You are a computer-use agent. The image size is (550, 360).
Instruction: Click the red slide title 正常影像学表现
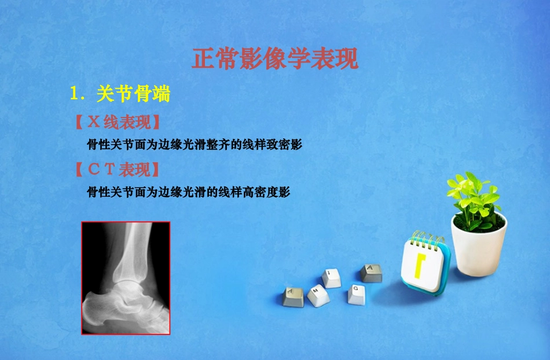coord(275,59)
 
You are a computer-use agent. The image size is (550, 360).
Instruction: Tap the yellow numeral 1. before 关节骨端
coord(78,93)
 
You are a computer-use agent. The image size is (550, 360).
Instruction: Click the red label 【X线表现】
coord(117,123)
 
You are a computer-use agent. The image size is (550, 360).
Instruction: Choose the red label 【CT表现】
coord(117,170)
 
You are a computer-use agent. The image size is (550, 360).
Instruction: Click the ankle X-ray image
coord(126,278)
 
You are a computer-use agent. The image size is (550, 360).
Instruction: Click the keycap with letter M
coord(318,295)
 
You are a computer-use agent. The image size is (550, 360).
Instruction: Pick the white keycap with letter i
coord(332,277)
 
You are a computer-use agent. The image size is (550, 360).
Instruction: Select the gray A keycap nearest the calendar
coord(371,272)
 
